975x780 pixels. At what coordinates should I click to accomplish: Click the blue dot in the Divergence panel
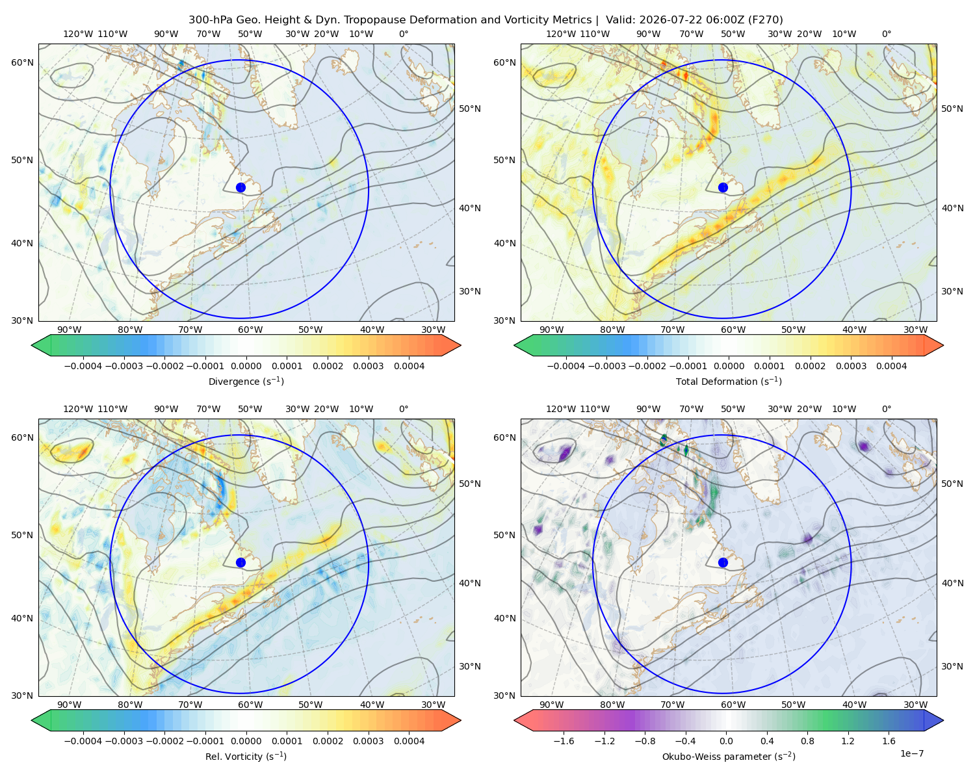(x=240, y=187)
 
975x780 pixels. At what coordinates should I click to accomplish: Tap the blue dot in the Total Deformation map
(x=723, y=187)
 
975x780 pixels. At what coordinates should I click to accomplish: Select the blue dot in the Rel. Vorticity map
(x=240, y=562)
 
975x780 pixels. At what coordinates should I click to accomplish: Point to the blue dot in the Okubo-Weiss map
(x=723, y=562)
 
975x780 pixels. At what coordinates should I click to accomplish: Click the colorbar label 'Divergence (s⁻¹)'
(x=246, y=381)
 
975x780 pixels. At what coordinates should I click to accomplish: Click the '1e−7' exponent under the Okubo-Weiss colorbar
(x=911, y=753)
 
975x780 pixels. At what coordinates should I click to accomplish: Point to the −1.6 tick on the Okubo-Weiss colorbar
(x=564, y=740)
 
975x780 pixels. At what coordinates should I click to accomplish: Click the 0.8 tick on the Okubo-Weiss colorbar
(x=807, y=740)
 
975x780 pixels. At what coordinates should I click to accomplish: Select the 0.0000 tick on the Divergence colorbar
(x=246, y=366)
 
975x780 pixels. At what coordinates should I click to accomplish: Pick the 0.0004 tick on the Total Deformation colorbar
(x=891, y=366)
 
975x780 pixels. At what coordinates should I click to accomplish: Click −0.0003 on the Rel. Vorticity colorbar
(x=123, y=740)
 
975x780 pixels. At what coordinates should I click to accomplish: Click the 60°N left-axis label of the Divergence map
(x=22, y=62)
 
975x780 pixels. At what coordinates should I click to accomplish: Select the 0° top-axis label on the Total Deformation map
(x=886, y=34)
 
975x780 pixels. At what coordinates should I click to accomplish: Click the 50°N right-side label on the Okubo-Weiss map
(x=952, y=484)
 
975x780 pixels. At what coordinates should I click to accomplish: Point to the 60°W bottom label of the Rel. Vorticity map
(x=250, y=705)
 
